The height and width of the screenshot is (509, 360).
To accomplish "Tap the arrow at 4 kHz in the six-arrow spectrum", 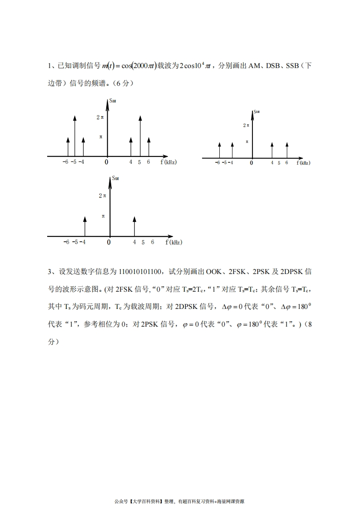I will click(131, 147).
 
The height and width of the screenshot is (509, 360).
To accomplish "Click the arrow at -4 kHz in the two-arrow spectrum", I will click(85, 226).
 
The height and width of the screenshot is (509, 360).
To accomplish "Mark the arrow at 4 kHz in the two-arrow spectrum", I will click(134, 226).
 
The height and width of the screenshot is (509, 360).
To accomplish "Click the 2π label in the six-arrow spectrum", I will click(100, 117).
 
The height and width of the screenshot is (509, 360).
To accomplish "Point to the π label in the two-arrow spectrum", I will click(103, 216).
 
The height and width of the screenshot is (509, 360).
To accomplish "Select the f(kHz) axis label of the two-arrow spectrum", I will click(174, 242).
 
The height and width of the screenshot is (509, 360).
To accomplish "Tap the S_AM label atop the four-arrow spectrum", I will click(256, 111).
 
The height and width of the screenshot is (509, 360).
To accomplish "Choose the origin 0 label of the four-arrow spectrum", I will click(251, 163).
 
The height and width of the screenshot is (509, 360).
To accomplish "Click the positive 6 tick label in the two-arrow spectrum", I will click(152, 242).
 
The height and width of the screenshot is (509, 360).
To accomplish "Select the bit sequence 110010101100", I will click(140, 272).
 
